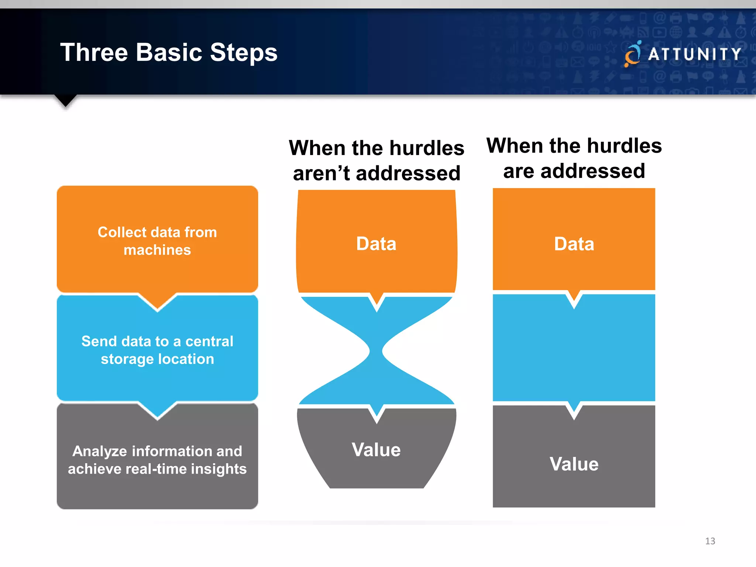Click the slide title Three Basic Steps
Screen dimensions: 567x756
pos(169,52)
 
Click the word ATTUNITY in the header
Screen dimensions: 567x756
pos(695,54)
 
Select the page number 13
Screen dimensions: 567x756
pos(710,541)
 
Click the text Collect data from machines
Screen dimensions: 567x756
pos(157,241)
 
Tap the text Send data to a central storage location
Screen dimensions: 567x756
pos(157,350)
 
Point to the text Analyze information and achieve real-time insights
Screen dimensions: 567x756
pos(157,460)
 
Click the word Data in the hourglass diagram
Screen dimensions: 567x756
pos(376,244)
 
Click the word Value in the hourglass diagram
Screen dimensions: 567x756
pos(376,450)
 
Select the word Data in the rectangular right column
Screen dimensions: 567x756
pos(574,244)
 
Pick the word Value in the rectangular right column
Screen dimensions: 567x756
pos(574,464)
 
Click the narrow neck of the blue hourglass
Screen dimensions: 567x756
pos(376,351)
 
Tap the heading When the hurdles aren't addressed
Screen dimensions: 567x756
pos(377,161)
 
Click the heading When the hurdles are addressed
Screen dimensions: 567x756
pos(574,158)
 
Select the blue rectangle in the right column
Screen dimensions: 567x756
pos(574,351)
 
